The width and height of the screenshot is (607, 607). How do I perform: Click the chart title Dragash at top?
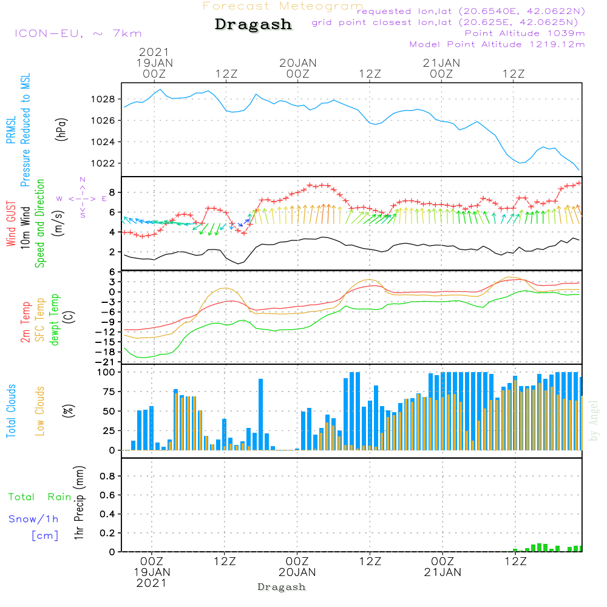[253, 25]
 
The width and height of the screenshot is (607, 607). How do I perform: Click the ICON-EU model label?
[77, 33]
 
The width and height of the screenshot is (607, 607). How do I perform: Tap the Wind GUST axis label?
[11, 215]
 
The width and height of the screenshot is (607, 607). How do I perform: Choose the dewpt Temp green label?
[55, 319]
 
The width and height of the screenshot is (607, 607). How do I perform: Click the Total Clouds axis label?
[11, 411]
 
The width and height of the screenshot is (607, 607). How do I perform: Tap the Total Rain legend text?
[40, 497]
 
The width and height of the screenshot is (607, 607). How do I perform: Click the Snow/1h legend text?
[34, 519]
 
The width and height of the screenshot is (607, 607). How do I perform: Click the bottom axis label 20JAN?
[297, 572]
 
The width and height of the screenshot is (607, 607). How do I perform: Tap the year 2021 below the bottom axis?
[152, 582]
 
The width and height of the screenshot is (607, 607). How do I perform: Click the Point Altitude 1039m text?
[524, 33]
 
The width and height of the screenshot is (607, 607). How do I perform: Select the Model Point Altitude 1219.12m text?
[497, 44]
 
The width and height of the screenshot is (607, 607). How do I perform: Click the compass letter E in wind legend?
[104, 198]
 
